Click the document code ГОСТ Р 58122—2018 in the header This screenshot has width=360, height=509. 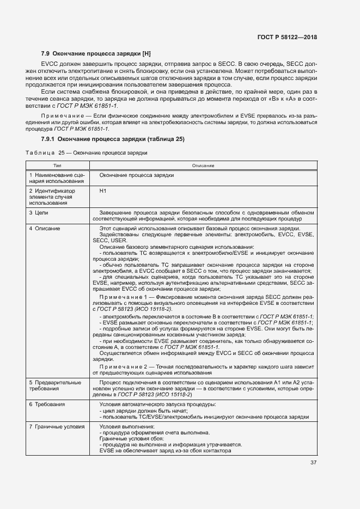coord(286,37)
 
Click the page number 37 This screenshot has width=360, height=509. coord(313,463)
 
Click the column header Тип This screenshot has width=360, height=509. coord(57,164)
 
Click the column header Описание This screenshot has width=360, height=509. coord(203,164)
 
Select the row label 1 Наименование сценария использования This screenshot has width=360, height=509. coord(57,179)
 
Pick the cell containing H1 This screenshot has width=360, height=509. coord(103,191)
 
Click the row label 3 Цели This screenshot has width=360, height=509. coord(39,212)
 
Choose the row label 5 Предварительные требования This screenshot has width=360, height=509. coord(55,386)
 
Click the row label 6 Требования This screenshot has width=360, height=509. coord(47,404)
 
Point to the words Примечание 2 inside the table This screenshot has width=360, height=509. coord(125,367)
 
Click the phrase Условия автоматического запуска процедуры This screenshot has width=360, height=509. coord(157,404)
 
